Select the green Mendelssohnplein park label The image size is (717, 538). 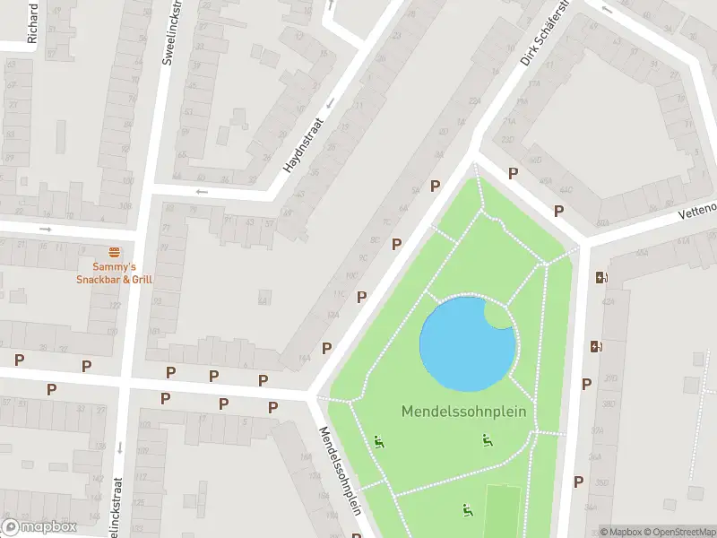(x=463, y=412)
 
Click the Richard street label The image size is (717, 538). (x=33, y=23)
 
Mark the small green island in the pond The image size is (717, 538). (x=498, y=314)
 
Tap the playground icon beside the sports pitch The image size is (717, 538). (x=466, y=510)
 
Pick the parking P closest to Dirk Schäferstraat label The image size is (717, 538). (x=514, y=173)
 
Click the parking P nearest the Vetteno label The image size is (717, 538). (x=558, y=211)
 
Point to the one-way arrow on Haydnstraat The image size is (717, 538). (x=329, y=103)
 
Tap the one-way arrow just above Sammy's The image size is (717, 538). (x=46, y=229)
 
